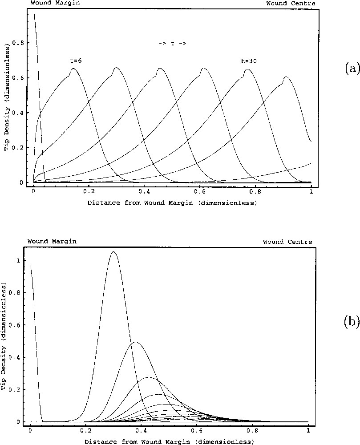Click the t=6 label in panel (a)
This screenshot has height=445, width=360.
tap(72, 61)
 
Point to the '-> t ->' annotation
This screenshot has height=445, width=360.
tap(172, 43)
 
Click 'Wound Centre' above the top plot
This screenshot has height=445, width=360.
tap(291, 4)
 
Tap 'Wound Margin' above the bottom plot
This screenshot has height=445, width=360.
tap(52, 241)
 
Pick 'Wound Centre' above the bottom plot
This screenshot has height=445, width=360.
tap(287, 242)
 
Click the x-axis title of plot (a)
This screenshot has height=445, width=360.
tap(172, 203)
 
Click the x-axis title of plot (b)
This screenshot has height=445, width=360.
tap(169, 441)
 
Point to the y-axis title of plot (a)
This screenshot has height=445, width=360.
tap(7, 97)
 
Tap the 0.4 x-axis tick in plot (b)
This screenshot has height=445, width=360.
tap(141, 431)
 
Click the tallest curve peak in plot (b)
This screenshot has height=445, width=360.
tap(114, 252)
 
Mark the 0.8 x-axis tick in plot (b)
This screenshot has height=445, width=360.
tap(252, 431)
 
